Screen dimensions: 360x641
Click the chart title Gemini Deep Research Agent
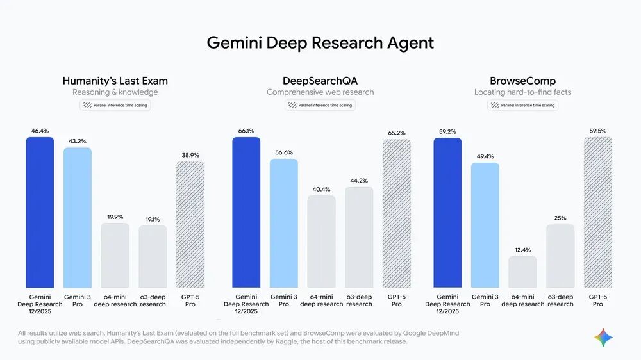tap(320, 43)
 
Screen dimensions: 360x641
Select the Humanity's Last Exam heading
tap(115, 81)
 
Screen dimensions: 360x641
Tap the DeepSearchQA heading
tap(320, 81)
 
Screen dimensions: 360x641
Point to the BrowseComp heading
tap(522, 81)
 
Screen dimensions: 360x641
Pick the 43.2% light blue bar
tap(78, 218)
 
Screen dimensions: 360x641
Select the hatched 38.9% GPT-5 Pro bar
tap(190, 224)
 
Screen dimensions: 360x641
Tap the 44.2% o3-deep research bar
tap(359, 237)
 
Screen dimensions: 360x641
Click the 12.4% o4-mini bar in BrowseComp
tap(522, 272)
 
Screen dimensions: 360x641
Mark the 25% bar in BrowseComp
tap(560, 256)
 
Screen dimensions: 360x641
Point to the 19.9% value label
tap(115, 217)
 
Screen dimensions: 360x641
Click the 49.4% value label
tap(485, 156)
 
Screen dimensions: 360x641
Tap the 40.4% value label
tap(321, 190)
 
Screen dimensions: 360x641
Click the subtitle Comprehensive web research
tap(320, 92)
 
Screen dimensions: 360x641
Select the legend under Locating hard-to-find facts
tap(522, 105)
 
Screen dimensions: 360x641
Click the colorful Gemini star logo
tap(603, 338)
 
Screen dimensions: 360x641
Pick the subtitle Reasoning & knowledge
tap(115, 92)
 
